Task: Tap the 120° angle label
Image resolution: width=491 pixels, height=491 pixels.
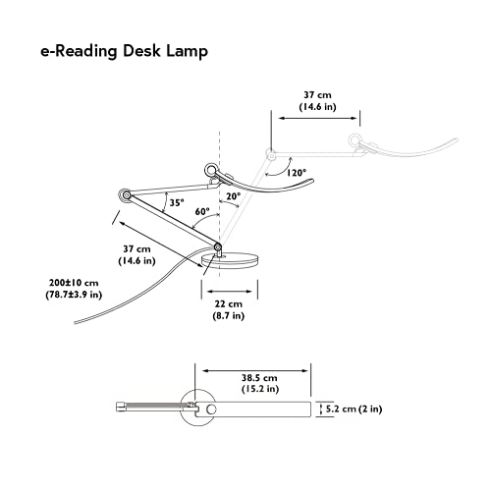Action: (298, 173)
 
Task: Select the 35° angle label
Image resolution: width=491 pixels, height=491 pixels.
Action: (176, 202)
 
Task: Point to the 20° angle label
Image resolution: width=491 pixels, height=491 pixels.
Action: (233, 196)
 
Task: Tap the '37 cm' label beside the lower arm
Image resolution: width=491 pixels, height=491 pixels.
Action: (135, 249)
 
